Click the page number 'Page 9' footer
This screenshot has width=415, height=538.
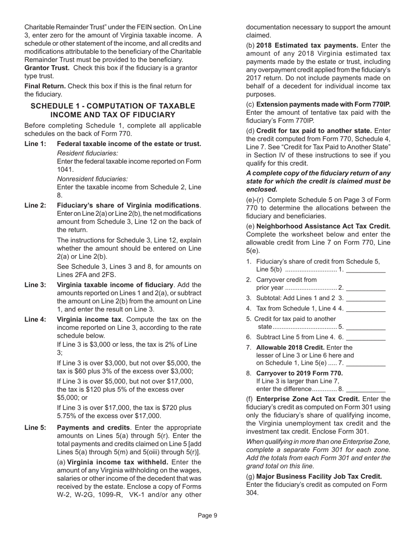pos(207,516)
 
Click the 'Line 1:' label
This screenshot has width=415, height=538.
pos(35,144)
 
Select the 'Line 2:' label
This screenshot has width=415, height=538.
pos(35,206)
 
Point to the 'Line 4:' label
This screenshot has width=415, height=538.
pos(35,319)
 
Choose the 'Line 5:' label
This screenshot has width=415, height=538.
pos(35,427)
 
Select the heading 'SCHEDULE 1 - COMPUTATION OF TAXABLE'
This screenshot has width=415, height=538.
pos(113,106)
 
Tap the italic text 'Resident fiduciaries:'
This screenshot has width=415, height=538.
pos(87,153)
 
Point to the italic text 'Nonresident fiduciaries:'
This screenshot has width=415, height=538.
pos(93,179)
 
